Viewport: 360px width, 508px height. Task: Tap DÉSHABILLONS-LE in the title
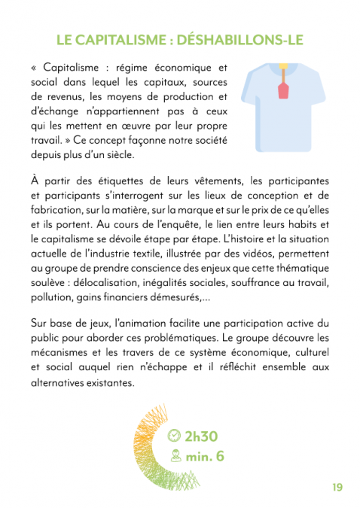[245, 39]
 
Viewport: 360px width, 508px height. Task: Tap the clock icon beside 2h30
[174, 436]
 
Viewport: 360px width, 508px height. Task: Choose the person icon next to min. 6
[175, 455]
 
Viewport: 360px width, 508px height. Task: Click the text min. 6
[205, 455]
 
